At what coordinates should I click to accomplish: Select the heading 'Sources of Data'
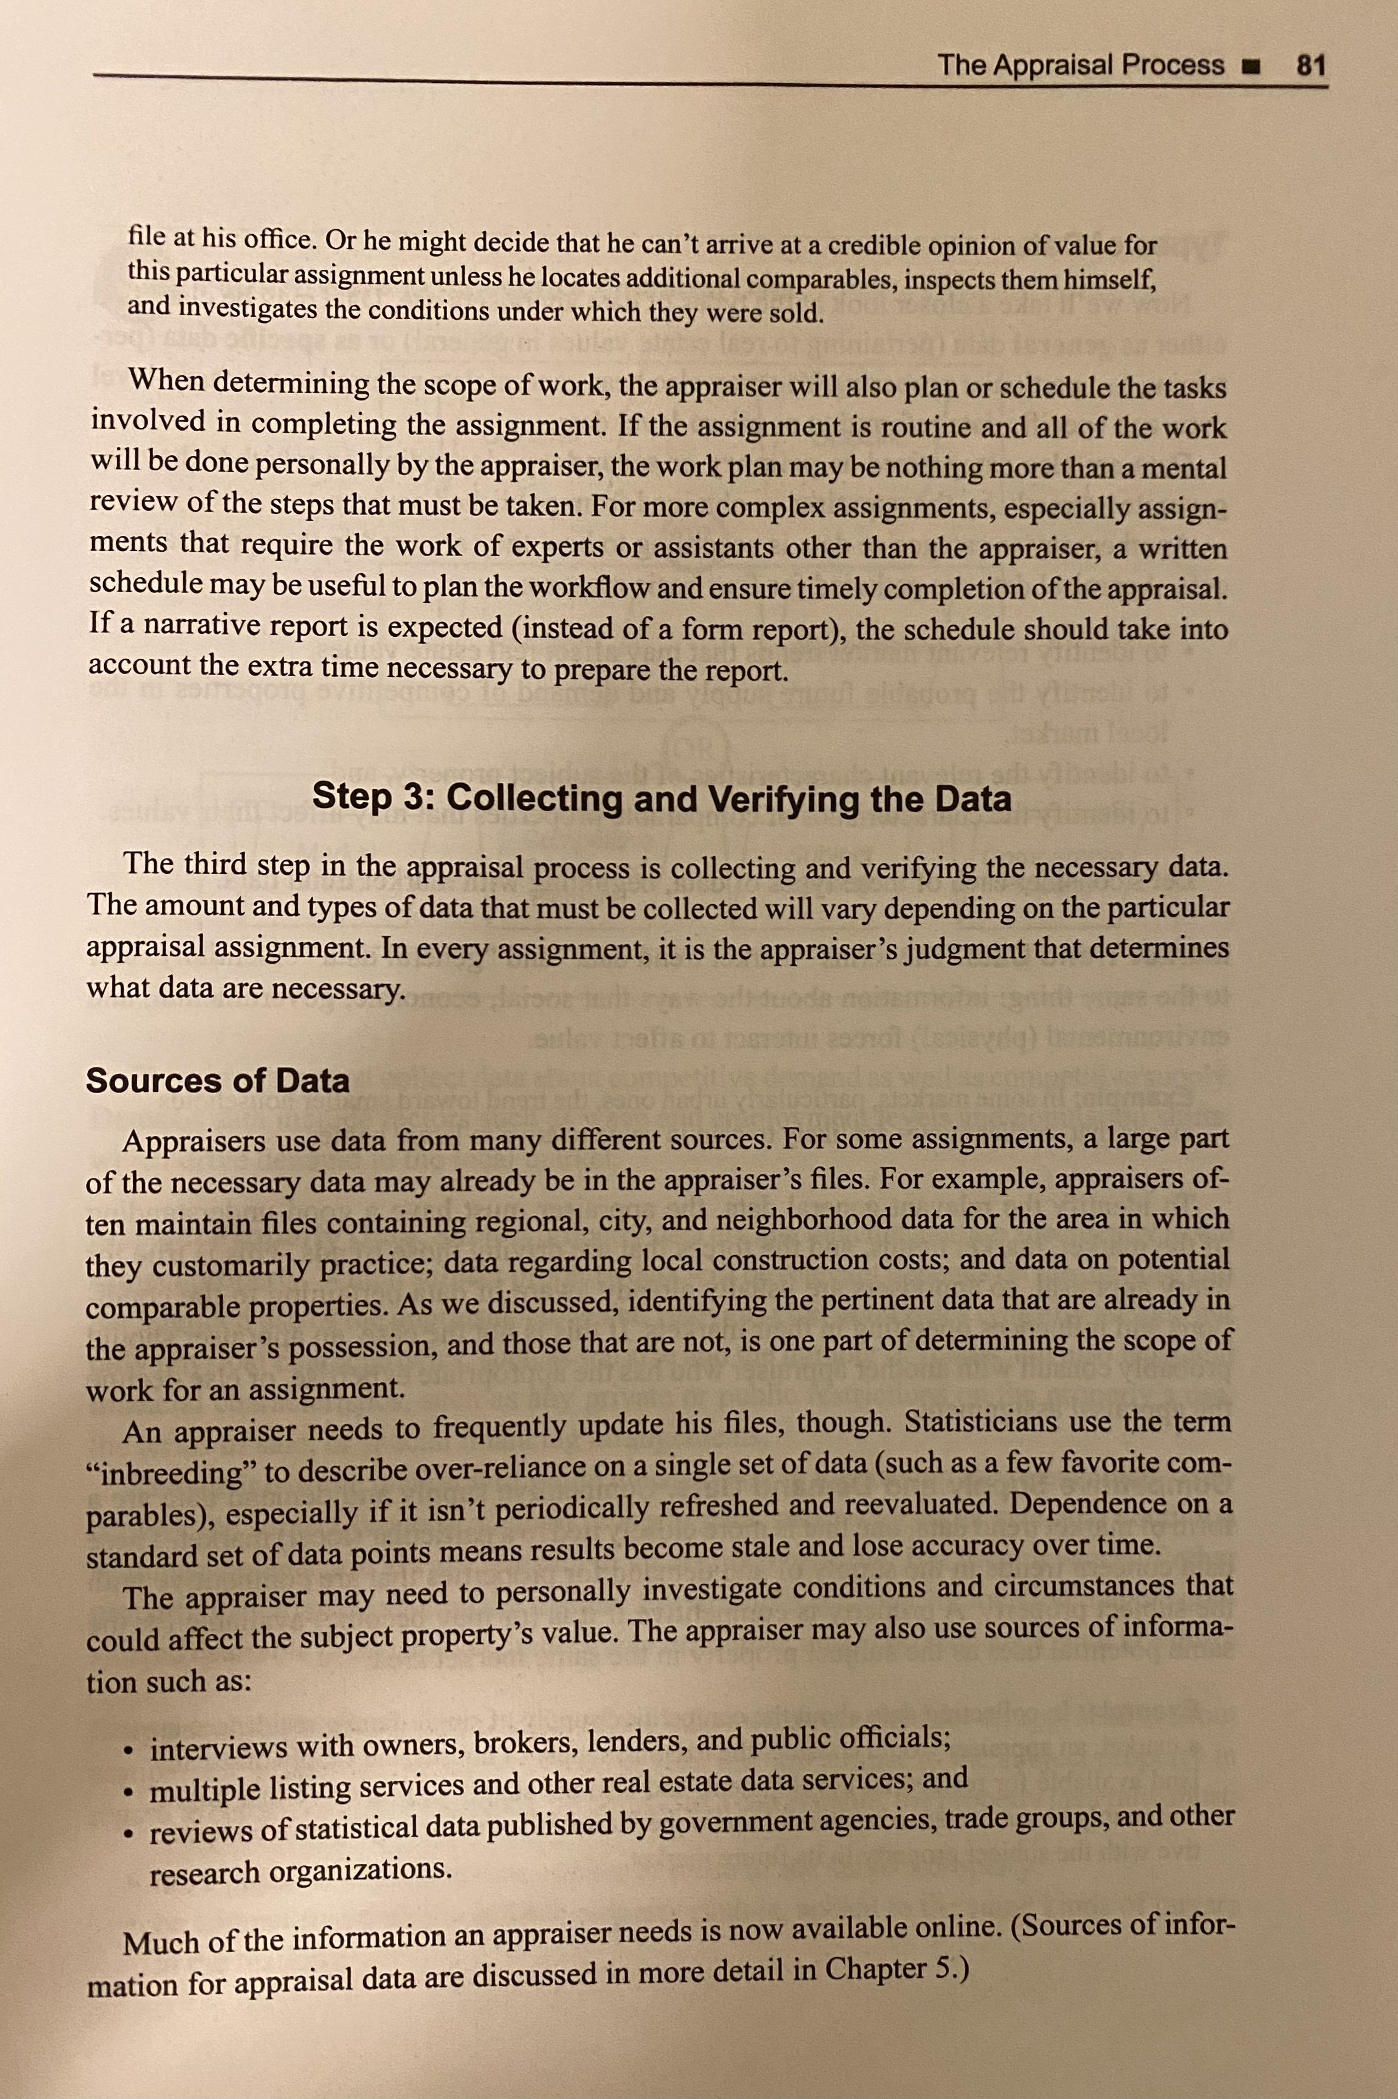[x=217, y=1080]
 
